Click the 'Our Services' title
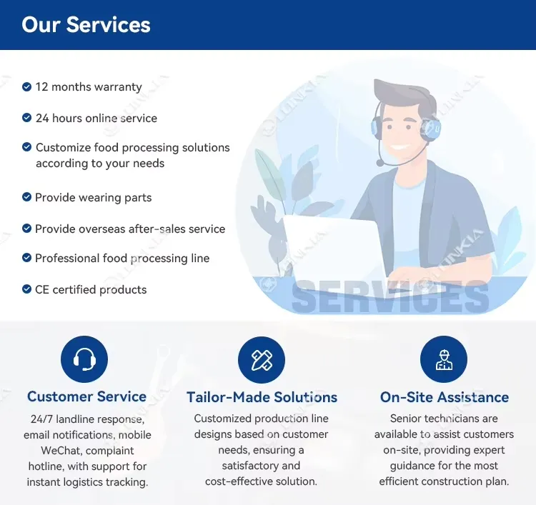pyautogui.click(x=86, y=24)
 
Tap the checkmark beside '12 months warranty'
pyautogui.click(x=26, y=87)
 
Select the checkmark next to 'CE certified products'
pyautogui.click(x=26, y=289)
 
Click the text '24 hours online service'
pyautogui.click(x=96, y=119)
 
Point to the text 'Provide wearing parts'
pyautogui.click(x=94, y=197)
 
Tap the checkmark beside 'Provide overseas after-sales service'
pyautogui.click(x=26, y=229)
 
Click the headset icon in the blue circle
pyautogui.click(x=84, y=359)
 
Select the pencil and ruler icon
pyautogui.click(x=262, y=360)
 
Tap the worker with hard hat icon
pyautogui.click(x=444, y=359)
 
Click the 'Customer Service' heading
pyautogui.click(x=86, y=396)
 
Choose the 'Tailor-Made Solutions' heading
pyautogui.click(x=262, y=397)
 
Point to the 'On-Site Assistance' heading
pyautogui.click(x=445, y=397)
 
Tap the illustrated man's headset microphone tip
pyautogui.click(x=379, y=163)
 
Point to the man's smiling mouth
pyautogui.click(x=402, y=148)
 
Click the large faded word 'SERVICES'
pyautogui.click(x=390, y=296)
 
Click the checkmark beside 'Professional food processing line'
pyautogui.click(x=26, y=258)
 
